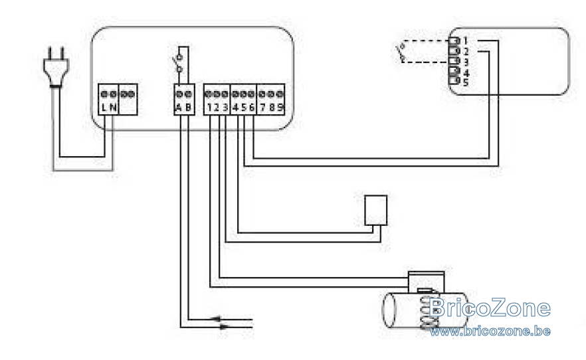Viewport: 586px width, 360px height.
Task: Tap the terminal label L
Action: pos(104,108)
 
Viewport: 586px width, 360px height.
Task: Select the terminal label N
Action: pos(113,108)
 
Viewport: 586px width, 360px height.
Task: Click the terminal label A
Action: pos(179,108)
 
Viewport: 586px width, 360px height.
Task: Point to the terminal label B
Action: pos(189,108)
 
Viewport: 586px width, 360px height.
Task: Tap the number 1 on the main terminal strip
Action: pos(209,108)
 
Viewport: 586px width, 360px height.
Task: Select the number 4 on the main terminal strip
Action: pos(235,108)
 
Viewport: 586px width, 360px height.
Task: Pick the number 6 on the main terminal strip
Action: pos(252,108)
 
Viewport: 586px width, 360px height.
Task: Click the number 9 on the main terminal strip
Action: pos(280,108)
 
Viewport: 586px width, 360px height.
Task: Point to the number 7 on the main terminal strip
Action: pos(262,108)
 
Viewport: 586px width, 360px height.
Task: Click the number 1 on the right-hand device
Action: pos(466,41)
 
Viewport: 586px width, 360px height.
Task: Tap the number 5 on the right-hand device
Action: pos(466,82)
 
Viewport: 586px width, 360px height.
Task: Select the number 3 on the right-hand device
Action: pos(466,62)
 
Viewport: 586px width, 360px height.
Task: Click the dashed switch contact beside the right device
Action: pos(401,52)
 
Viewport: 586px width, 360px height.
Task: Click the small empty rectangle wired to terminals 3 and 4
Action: pos(375,211)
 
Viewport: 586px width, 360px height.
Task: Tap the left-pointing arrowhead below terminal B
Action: pos(217,319)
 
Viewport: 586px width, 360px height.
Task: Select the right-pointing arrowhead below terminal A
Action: pos(224,327)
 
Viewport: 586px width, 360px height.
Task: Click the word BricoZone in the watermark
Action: pos(490,308)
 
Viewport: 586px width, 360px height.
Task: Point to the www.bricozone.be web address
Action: pos(490,331)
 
